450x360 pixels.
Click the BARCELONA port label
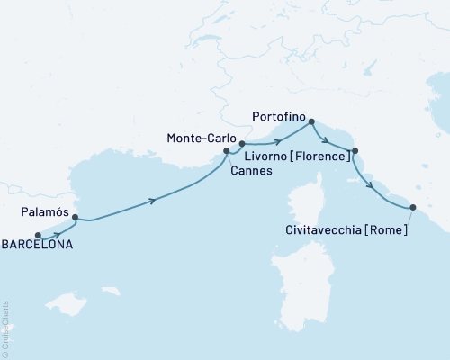click(x=36, y=244)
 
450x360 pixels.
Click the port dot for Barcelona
click(x=38, y=237)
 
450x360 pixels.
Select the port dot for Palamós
click(x=75, y=217)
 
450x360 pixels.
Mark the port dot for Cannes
click(x=226, y=152)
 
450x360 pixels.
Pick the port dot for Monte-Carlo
click(x=242, y=143)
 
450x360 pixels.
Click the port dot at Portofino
click(x=311, y=121)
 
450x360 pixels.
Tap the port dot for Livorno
click(x=355, y=151)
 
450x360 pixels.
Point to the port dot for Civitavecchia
click(x=412, y=208)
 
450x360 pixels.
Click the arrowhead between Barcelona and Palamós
click(x=58, y=233)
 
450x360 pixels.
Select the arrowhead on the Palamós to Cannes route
click(x=154, y=201)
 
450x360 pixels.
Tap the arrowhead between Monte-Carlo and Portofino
click(x=277, y=140)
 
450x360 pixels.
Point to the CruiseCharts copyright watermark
click(x=5, y=328)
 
